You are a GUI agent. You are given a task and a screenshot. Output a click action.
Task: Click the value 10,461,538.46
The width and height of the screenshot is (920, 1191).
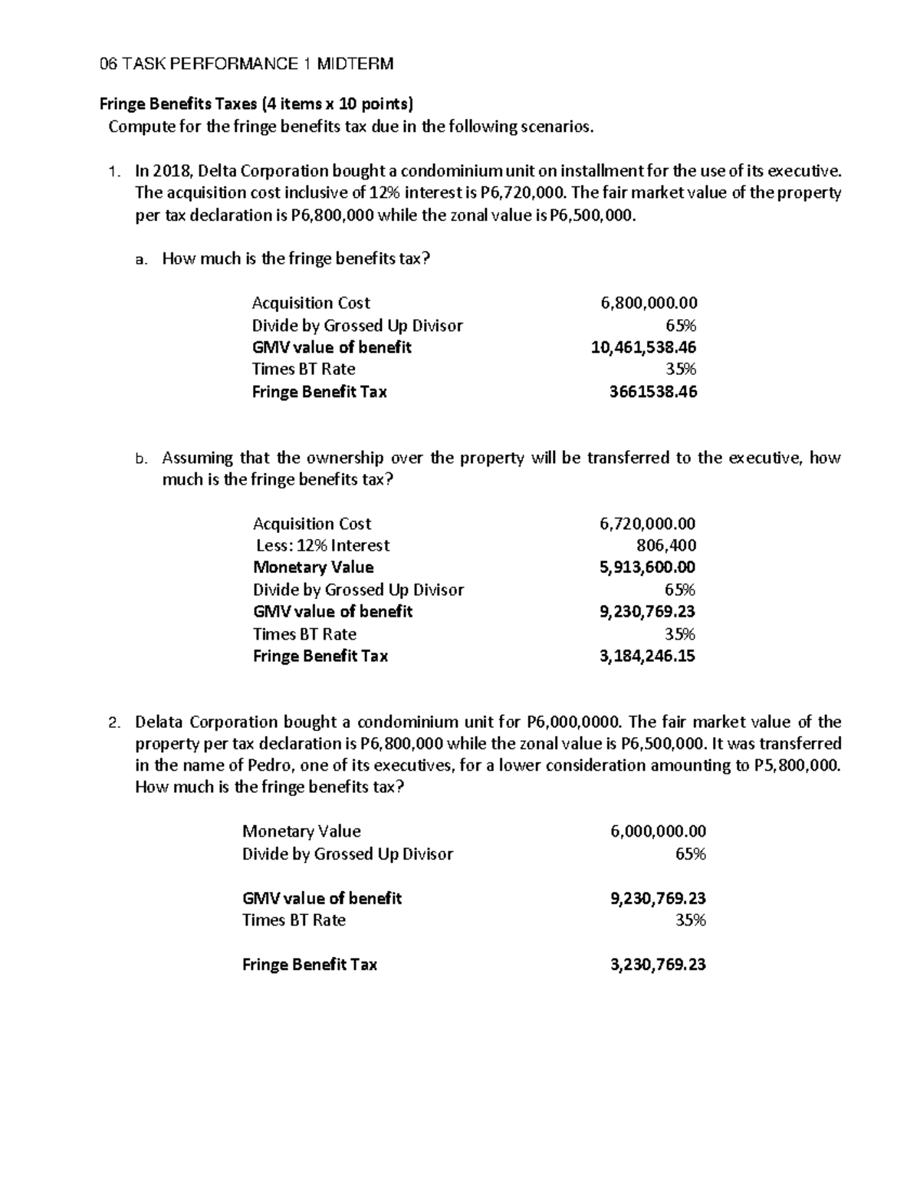(x=643, y=347)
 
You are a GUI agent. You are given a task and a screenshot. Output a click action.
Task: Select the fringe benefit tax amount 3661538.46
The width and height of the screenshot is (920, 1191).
(x=652, y=392)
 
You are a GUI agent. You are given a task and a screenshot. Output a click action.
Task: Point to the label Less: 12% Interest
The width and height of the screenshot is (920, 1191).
(x=323, y=545)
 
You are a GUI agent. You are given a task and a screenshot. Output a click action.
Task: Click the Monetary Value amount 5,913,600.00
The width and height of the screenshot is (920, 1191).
(x=647, y=568)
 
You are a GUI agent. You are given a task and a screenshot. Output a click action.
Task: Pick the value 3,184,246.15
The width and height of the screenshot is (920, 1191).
(x=647, y=656)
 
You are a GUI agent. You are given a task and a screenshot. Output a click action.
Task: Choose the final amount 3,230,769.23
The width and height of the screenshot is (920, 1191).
(x=658, y=965)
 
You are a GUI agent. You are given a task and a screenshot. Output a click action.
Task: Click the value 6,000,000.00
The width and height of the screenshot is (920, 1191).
(x=658, y=831)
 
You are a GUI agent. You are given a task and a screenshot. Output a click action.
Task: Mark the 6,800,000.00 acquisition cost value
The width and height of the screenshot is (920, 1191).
(x=649, y=303)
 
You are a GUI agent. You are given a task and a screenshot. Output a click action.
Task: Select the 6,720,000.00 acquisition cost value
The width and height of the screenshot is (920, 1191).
(x=647, y=524)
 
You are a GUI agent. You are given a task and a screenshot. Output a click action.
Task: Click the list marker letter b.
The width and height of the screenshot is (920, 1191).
(x=140, y=459)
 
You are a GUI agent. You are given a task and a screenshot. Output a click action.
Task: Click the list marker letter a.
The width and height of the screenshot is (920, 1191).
(x=140, y=259)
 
